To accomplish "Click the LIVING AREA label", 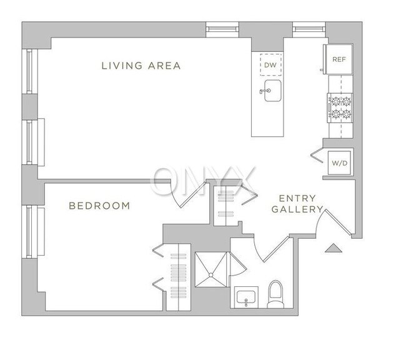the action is click(x=141, y=66).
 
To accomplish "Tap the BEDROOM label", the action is click(x=99, y=206).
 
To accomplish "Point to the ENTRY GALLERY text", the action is click(x=297, y=204).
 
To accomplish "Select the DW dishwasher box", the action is click(x=270, y=65).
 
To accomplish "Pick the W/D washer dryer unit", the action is click(x=339, y=163).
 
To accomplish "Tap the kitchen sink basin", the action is click(x=273, y=91).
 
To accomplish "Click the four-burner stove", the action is click(x=340, y=108).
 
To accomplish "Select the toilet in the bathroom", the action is click(x=275, y=294).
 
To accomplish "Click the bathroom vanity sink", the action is click(x=246, y=297).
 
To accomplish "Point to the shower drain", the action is click(x=211, y=275).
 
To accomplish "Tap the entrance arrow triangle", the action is click(x=334, y=248).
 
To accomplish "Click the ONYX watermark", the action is click(x=202, y=181).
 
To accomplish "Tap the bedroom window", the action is click(x=29, y=232).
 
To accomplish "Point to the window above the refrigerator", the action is click(x=309, y=29).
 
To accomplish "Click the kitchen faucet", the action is click(x=265, y=91).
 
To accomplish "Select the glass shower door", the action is click(x=237, y=264).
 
